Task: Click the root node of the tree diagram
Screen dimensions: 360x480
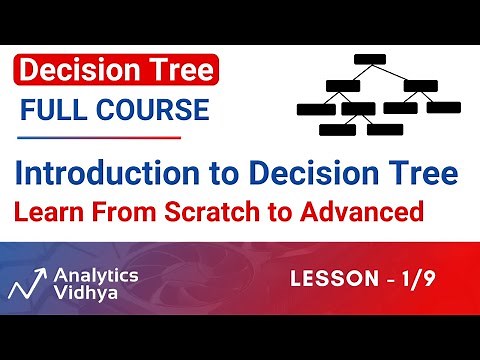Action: [x=370, y=58]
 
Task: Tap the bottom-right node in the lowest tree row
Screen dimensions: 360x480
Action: [x=383, y=129]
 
